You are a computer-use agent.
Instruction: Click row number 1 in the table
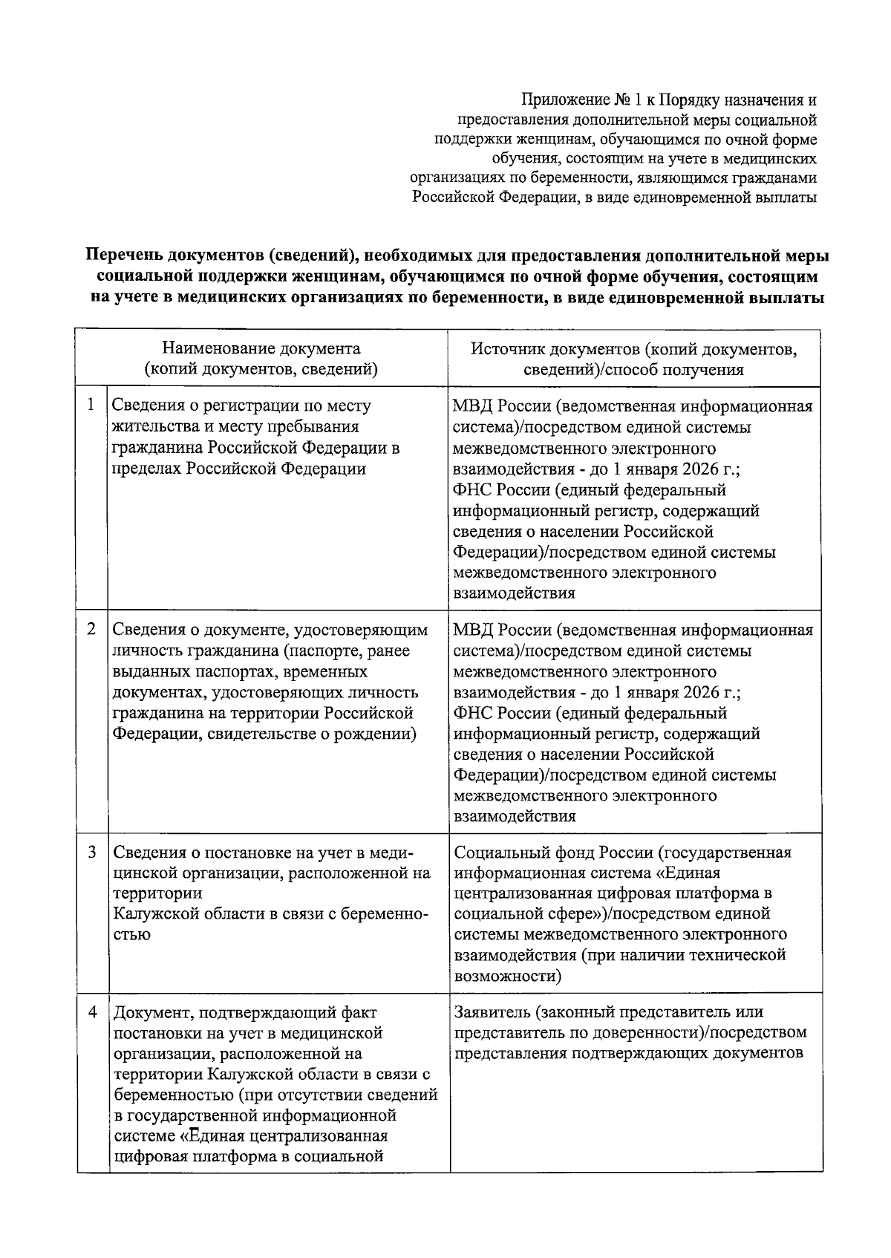(x=91, y=405)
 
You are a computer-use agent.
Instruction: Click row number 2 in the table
(x=91, y=628)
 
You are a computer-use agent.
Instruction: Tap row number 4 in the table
(x=91, y=1012)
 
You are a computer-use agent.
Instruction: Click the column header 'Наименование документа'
(x=261, y=348)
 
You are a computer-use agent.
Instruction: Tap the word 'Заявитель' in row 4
(x=491, y=1012)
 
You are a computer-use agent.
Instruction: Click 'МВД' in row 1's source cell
(x=472, y=406)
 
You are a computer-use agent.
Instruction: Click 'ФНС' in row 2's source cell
(x=471, y=713)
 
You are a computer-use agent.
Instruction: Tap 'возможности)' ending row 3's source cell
(x=507, y=976)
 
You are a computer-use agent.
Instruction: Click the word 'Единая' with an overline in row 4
(x=218, y=1136)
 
